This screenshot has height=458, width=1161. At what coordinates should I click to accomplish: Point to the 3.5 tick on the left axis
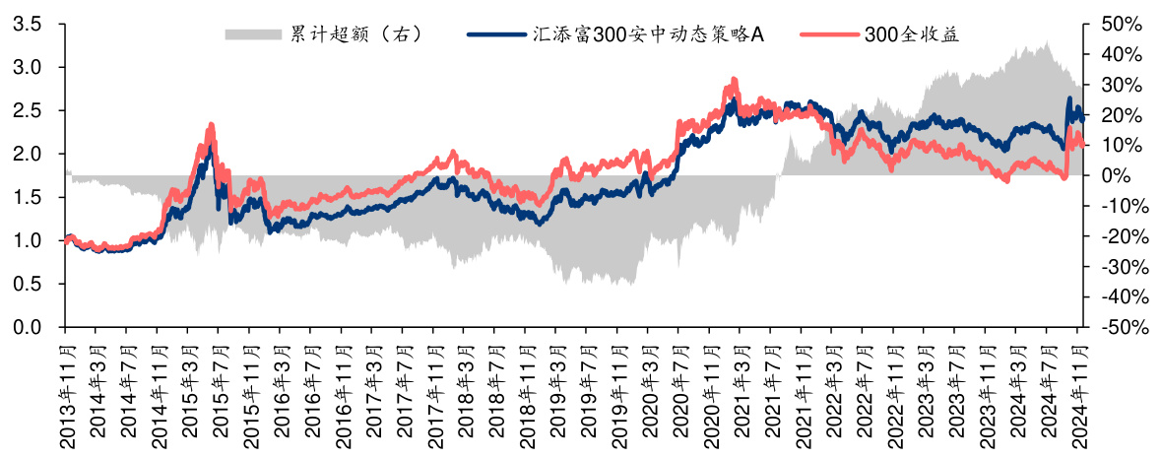click(27, 24)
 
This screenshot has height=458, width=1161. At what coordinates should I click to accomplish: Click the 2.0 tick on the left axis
click(27, 154)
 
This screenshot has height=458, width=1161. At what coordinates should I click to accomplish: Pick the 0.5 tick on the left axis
click(27, 284)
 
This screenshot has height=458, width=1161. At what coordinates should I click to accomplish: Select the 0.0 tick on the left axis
click(27, 327)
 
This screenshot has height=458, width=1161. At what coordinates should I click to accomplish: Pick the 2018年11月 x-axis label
click(526, 392)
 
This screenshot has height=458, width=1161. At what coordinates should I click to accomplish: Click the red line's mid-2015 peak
click(211, 125)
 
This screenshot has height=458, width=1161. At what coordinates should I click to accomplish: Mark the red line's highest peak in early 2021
click(733, 79)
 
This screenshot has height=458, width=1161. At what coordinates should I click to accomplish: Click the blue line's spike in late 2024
click(1069, 98)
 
